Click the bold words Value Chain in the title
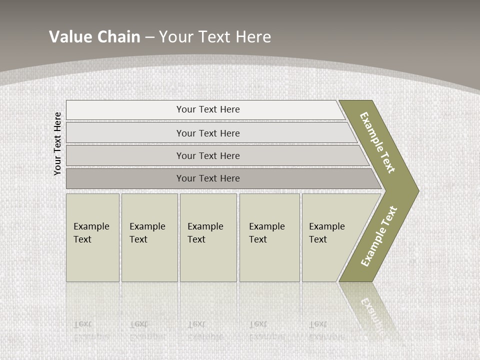coord(94,37)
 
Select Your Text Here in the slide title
coord(215,37)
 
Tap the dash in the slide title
coord(149,37)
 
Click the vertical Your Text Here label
coord(57,144)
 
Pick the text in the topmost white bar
coord(208,109)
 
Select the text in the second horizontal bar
coord(208,133)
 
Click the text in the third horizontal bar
coord(208,156)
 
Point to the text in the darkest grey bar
coord(208,178)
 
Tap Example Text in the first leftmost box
coord(91,233)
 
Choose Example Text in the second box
coord(147,233)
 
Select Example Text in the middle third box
coord(205,233)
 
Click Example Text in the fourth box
coord(266,233)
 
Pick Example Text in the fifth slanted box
coord(326,233)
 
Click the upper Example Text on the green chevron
coord(377,142)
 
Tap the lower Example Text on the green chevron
coord(379,236)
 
